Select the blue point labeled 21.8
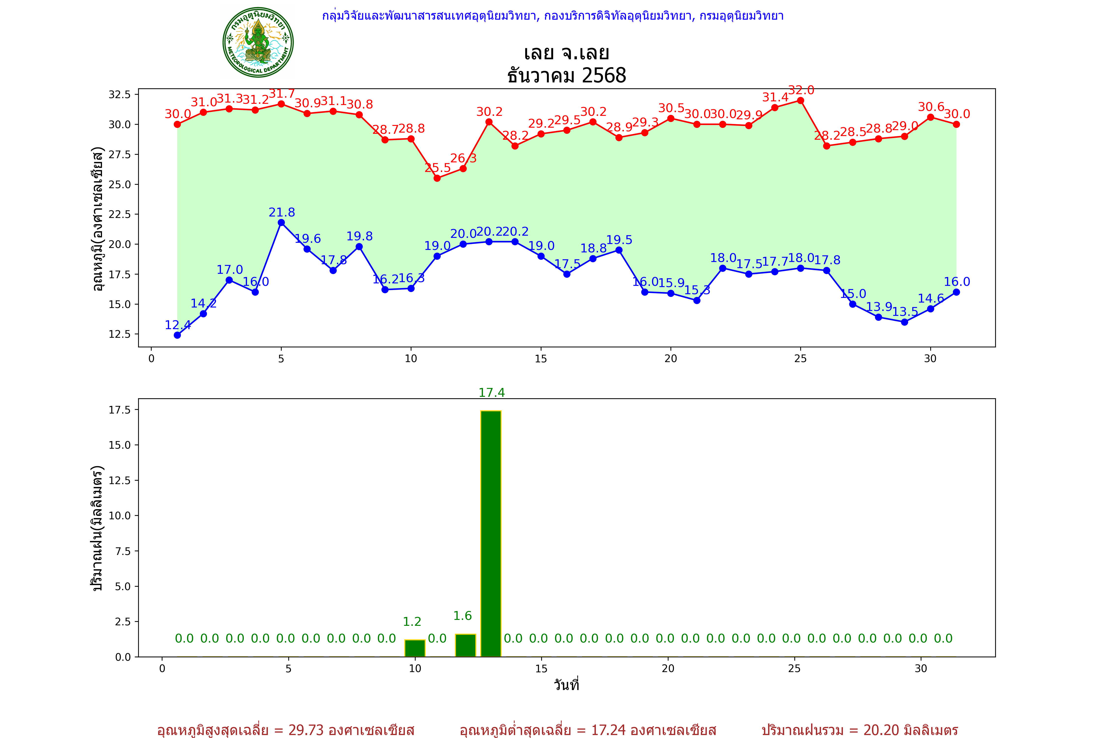tap(281, 223)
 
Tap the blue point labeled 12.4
tap(177, 335)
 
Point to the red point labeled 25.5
tap(437, 178)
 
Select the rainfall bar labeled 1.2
tap(415, 648)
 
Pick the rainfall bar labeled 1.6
tap(466, 645)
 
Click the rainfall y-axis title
tap(97, 528)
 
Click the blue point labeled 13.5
tap(904, 322)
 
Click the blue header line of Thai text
tap(553, 16)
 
